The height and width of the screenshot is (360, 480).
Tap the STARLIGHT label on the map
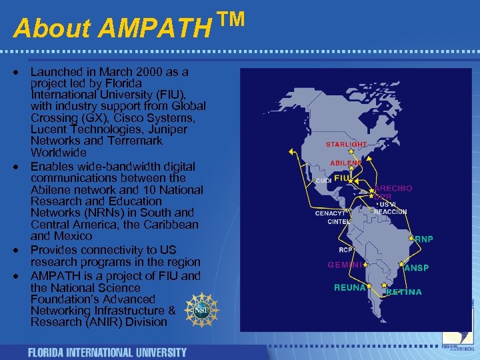[346, 145]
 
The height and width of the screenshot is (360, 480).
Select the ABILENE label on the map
[346, 163]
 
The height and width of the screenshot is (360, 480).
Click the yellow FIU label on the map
[341, 179]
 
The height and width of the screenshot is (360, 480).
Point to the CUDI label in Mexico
[323, 181]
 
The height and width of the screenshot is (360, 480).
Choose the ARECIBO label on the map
[393, 189]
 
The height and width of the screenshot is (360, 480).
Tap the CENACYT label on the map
[331, 213]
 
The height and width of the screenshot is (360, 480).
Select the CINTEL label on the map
[339, 222]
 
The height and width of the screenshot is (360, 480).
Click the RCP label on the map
[345, 251]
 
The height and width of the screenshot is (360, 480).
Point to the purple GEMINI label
[345, 265]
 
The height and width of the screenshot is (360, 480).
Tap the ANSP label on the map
[417, 268]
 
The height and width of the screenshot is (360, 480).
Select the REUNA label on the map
[350, 288]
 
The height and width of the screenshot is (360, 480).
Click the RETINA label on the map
[404, 292]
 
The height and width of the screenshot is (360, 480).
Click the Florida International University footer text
[107, 352]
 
